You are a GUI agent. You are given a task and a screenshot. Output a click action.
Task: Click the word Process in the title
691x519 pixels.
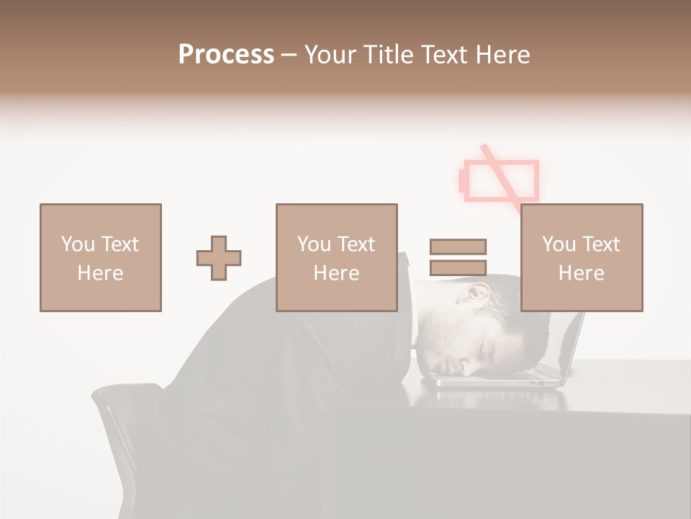[x=226, y=55]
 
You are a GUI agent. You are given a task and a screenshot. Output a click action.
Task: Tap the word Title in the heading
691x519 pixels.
[x=388, y=55]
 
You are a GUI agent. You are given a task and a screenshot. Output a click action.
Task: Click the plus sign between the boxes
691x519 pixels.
[x=219, y=258]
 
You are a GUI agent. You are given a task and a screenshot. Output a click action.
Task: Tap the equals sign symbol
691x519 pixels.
[x=458, y=257]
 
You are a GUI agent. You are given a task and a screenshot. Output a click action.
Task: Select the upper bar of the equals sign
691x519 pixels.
[x=458, y=247]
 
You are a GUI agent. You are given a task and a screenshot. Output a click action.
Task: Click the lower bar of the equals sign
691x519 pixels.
[x=458, y=267]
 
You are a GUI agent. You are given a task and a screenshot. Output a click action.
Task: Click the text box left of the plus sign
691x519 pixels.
[x=101, y=257]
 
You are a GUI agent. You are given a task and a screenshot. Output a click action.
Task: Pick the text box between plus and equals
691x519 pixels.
[x=336, y=257]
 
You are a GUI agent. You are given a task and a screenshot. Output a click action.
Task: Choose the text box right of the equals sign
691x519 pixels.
[x=581, y=257]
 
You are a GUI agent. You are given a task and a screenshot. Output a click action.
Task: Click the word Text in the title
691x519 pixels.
[x=443, y=55]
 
